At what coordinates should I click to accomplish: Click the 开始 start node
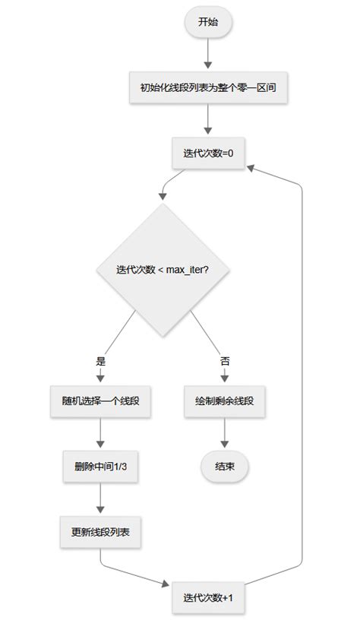coord(207,22)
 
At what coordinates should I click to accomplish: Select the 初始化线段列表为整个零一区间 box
coord(207,87)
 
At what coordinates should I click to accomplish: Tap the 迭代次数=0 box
coord(207,153)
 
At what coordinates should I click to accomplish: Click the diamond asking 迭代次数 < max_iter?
coord(163,269)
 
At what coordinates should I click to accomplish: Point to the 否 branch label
coord(225,360)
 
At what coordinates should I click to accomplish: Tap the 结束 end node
coord(225,466)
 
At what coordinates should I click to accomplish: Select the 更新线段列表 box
coord(100,530)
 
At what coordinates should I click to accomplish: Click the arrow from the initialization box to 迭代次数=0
coord(207,120)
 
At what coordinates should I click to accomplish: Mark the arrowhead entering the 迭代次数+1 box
coord(167,583)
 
